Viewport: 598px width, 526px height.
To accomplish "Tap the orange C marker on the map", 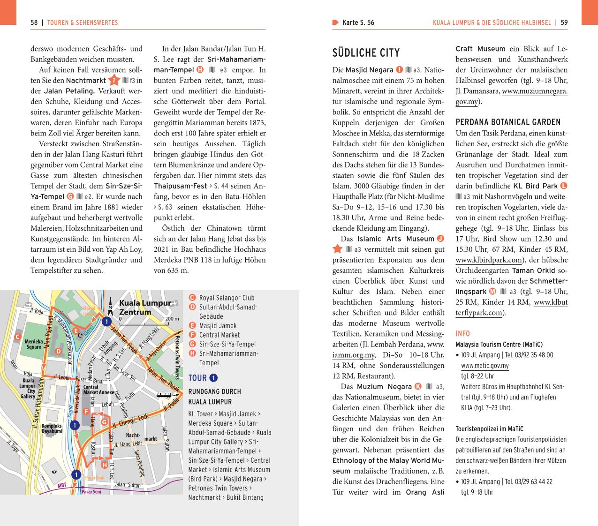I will (17, 337).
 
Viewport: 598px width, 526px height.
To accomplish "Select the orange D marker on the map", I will (58, 351).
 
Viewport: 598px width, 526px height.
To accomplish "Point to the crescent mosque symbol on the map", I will (80, 335).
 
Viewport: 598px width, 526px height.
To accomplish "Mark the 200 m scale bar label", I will (172, 319).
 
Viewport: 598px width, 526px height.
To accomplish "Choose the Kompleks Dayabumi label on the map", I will (52, 428).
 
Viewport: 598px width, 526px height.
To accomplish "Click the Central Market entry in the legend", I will (219, 335).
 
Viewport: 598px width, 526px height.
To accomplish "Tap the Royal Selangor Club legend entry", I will (227, 298).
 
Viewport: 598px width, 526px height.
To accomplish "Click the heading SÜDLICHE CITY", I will (366, 53).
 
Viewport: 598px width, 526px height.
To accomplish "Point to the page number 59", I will (564, 23).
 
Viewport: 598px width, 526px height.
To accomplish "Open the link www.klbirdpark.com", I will (489, 260).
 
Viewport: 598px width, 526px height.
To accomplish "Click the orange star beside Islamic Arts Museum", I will (337, 249).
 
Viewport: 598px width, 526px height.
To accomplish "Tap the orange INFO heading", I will (462, 334).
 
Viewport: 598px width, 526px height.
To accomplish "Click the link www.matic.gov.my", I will (484, 366).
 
